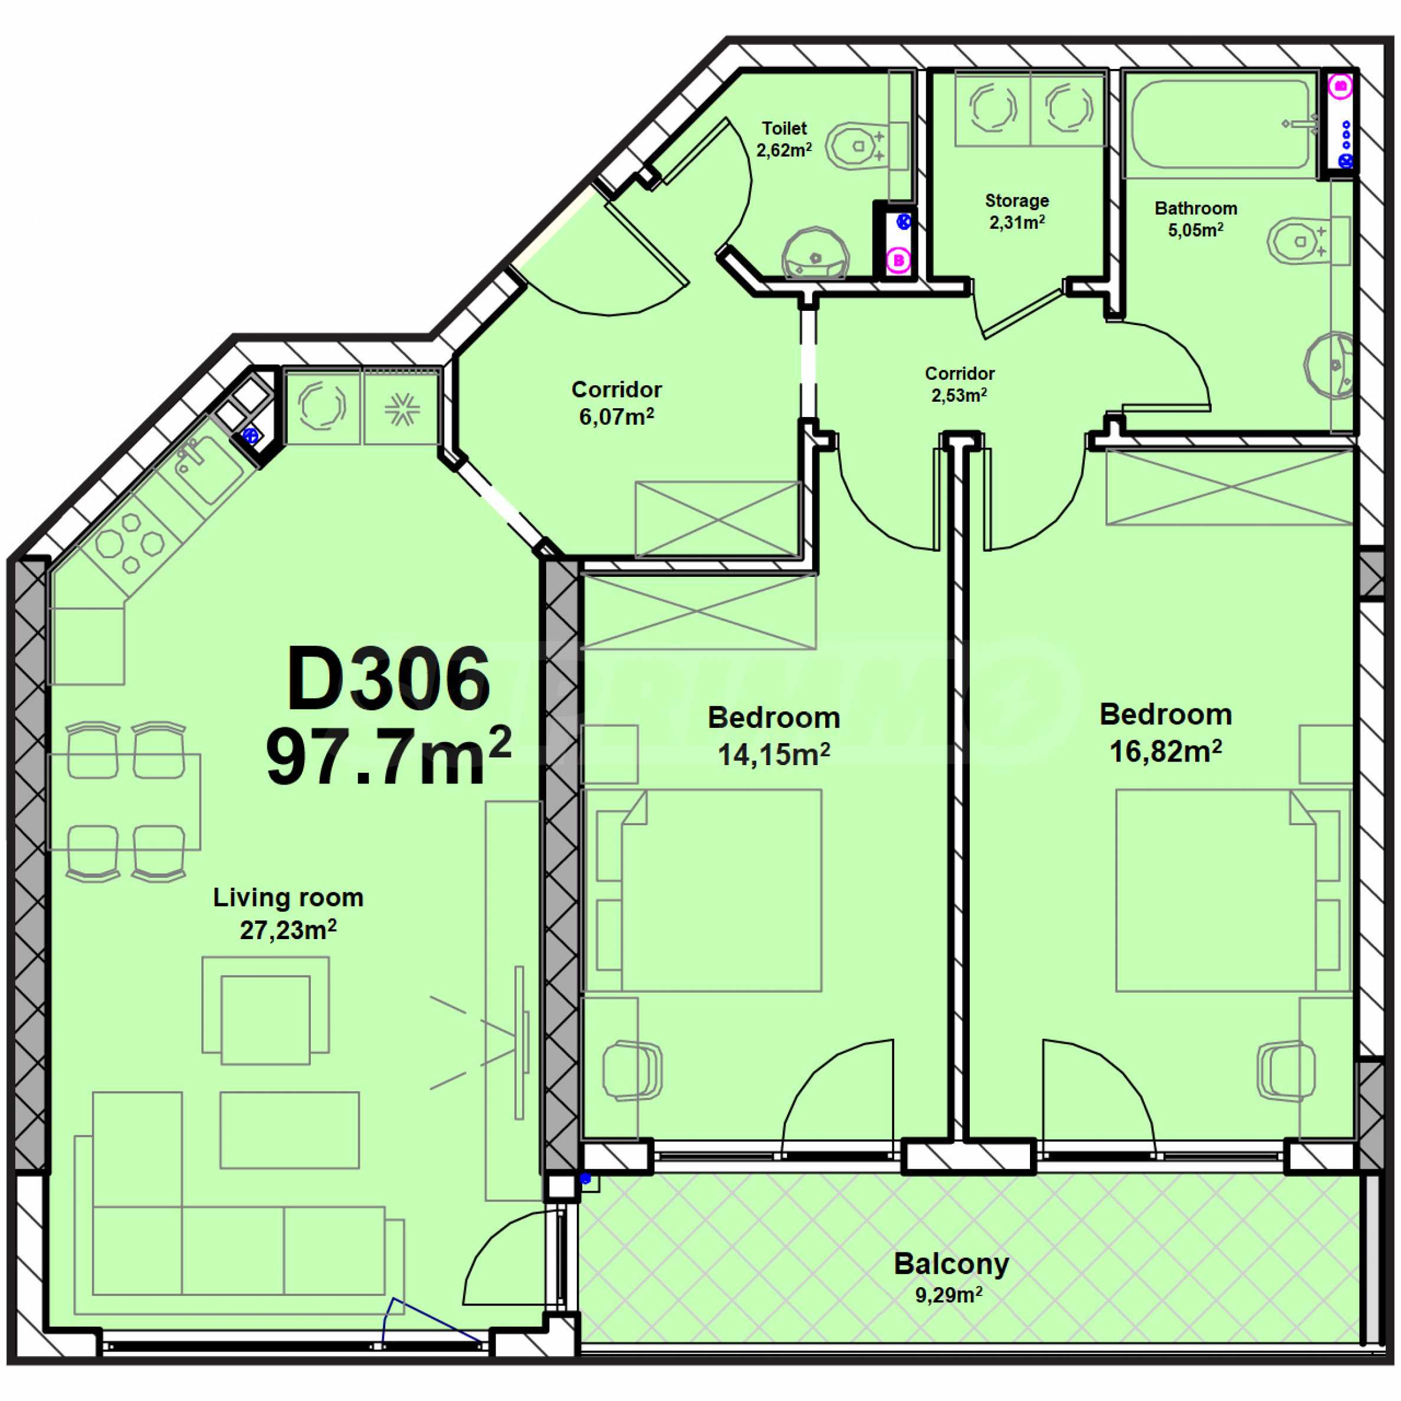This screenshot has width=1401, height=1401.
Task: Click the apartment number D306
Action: pyautogui.click(x=389, y=680)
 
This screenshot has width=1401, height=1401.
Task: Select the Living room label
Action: pyautogui.click(x=288, y=898)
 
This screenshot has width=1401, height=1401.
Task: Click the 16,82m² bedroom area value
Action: pyautogui.click(x=1165, y=752)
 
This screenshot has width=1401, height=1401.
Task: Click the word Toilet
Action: pyautogui.click(x=784, y=129)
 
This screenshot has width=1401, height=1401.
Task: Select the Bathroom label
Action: pyautogui.click(x=1196, y=208)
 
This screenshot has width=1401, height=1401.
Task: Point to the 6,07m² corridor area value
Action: pyautogui.click(x=616, y=417)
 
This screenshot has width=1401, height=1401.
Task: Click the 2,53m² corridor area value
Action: pyautogui.click(x=959, y=395)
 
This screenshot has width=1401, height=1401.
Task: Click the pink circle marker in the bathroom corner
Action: pyautogui.click(x=1341, y=86)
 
